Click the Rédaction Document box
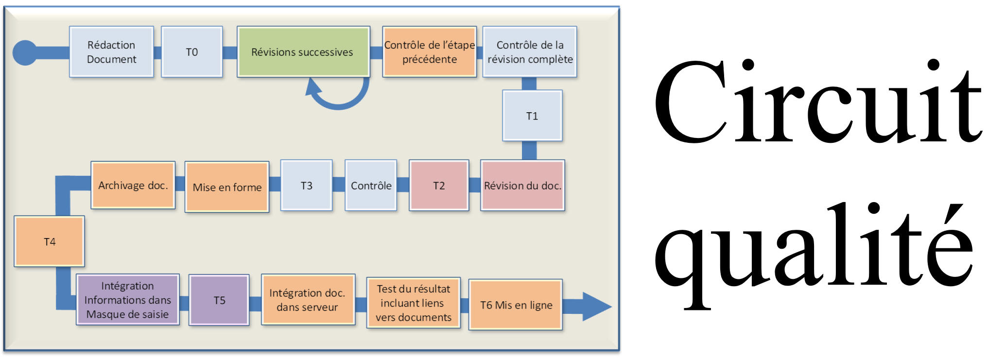point(111,52)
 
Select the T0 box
point(192,52)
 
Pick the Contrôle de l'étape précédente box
point(430,52)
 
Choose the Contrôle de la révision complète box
point(530,52)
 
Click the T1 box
point(532,116)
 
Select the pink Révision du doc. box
point(522,186)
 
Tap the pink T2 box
point(439,186)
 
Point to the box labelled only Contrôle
point(371,186)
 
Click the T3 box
point(307,186)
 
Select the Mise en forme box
point(227,187)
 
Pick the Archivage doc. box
point(133,185)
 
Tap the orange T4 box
point(50,241)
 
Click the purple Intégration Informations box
point(128,300)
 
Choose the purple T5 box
point(219,300)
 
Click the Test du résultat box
point(414,303)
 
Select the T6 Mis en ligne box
point(516,305)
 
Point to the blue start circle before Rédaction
point(24,52)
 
